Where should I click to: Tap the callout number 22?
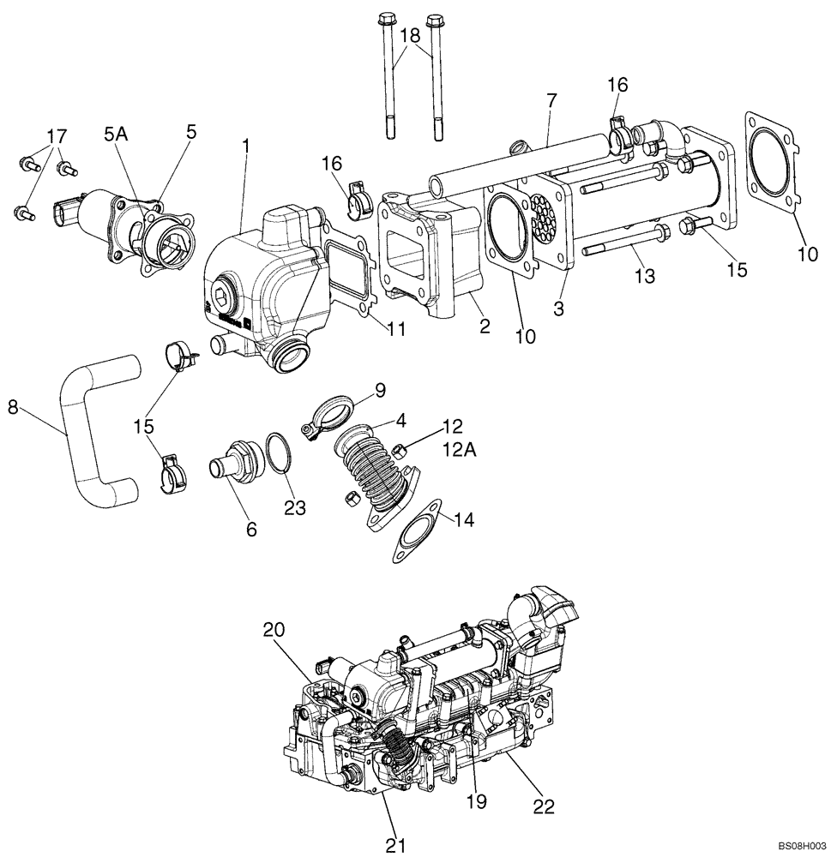[x=544, y=806]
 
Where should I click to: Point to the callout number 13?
[x=645, y=276]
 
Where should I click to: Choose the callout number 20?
[x=274, y=630]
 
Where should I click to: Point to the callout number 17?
[x=56, y=136]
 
